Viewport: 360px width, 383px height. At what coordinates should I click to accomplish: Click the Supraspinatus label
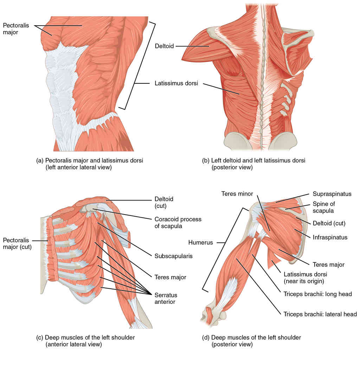(332, 194)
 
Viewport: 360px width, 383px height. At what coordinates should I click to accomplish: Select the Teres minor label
(237, 193)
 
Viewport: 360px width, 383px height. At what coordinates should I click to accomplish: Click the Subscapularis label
(173, 256)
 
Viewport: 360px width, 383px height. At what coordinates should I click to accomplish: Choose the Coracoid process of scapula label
(178, 223)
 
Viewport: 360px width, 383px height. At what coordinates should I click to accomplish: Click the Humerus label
(200, 242)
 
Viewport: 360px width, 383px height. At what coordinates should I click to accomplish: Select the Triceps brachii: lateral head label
(320, 314)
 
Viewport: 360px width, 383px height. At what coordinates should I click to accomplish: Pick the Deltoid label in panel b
(165, 46)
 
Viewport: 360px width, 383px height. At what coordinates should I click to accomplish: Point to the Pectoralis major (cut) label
(17, 243)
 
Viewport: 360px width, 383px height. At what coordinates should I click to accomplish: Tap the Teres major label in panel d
(328, 264)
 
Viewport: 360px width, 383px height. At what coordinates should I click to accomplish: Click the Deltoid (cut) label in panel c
(164, 202)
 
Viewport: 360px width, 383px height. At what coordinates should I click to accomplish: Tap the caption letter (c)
(40, 338)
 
